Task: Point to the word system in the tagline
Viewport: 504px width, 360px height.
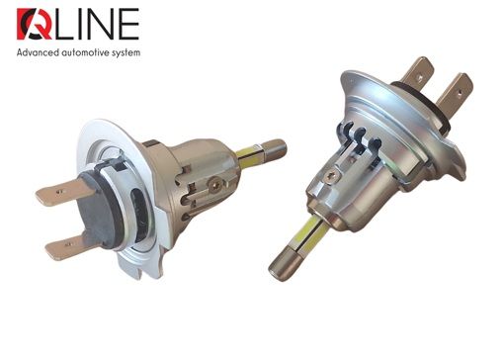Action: pyautogui.click(x=153, y=52)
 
